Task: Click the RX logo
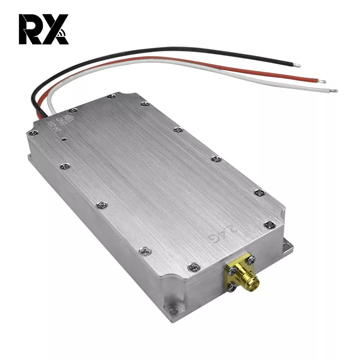click(43, 29)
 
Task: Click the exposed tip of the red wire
click(322, 81)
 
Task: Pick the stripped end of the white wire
click(333, 90)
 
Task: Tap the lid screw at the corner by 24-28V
click(33, 133)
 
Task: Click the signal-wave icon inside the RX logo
click(63, 33)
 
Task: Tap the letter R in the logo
click(28, 29)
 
